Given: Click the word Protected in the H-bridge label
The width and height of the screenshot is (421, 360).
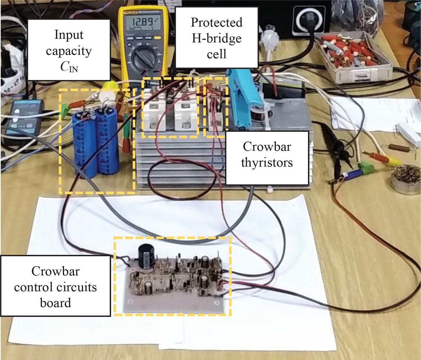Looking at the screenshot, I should (x=216, y=22).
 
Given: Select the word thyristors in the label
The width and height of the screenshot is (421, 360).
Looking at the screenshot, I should (x=267, y=162).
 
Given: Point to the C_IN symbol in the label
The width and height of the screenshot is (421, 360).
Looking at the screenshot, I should (x=69, y=68).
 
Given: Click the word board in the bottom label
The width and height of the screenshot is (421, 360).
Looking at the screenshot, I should (x=55, y=302).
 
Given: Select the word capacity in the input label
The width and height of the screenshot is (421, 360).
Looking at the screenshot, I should (x=69, y=51).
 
